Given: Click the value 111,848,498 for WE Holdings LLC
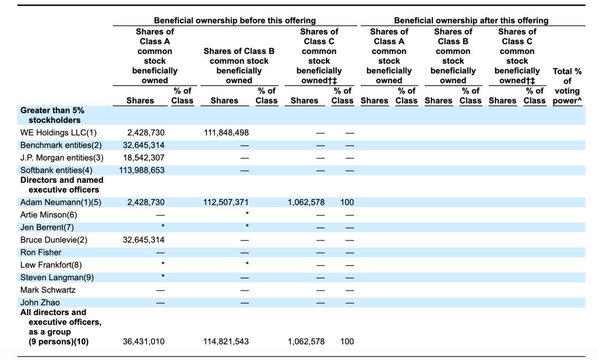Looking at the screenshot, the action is click(x=226, y=133).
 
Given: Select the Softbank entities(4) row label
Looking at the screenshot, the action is click(x=56, y=170).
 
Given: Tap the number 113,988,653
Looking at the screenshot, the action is click(x=142, y=170).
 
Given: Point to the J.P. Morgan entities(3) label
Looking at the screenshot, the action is click(x=62, y=157).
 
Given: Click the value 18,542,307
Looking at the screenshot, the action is click(x=144, y=157).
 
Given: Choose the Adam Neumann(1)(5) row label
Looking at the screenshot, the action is click(x=61, y=202).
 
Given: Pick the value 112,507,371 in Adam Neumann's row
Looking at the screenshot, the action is click(x=226, y=202).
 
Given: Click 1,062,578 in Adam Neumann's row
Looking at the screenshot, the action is click(x=306, y=202).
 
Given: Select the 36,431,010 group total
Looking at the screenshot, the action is click(x=144, y=341).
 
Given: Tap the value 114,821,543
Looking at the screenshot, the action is click(x=226, y=341).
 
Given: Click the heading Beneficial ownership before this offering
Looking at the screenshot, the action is click(x=235, y=20).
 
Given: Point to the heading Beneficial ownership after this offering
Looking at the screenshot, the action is click(x=471, y=20).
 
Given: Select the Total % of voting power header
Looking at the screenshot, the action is click(x=568, y=86).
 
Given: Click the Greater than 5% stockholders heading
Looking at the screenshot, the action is click(x=52, y=115).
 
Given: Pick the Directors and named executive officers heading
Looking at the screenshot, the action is click(x=62, y=185).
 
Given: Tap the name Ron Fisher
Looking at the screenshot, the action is click(x=41, y=253).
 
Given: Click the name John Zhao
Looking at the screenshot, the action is click(x=40, y=302).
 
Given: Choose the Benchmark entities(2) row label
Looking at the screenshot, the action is click(x=61, y=145).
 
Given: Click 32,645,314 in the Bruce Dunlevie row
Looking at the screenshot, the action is click(x=144, y=240).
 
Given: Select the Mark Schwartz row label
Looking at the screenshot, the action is click(x=48, y=290).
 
